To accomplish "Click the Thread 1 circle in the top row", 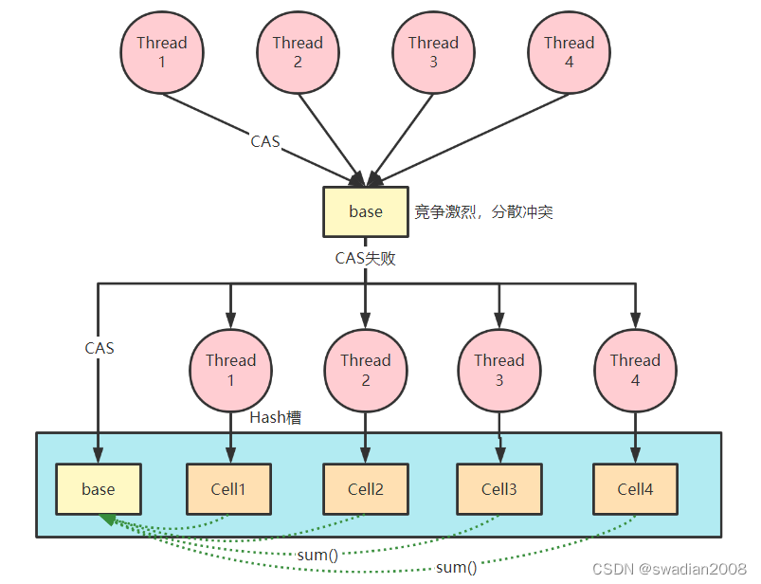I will coord(162,52).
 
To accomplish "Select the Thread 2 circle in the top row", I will coord(298,52).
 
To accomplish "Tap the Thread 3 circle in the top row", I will coord(433,52).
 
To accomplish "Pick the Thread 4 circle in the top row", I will coord(569,52).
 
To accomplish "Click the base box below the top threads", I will coord(365,211).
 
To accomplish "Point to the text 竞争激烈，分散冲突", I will coord(483,212).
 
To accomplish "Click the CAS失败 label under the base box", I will coord(365,257).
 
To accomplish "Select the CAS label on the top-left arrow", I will coord(265,141).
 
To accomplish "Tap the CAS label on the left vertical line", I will coord(99,348).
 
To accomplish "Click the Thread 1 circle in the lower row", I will coord(230,370).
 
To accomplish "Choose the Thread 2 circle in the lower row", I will coord(365,370).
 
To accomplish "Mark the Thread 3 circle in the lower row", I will coord(499,370).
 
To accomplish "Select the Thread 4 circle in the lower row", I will coord(635,370).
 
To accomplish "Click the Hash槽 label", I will coord(276,417).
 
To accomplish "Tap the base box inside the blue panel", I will coord(99,489).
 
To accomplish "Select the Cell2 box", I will coord(365,489).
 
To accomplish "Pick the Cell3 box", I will coord(499,489).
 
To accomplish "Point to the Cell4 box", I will coord(635,489).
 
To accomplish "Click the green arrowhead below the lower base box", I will coord(108,520).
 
